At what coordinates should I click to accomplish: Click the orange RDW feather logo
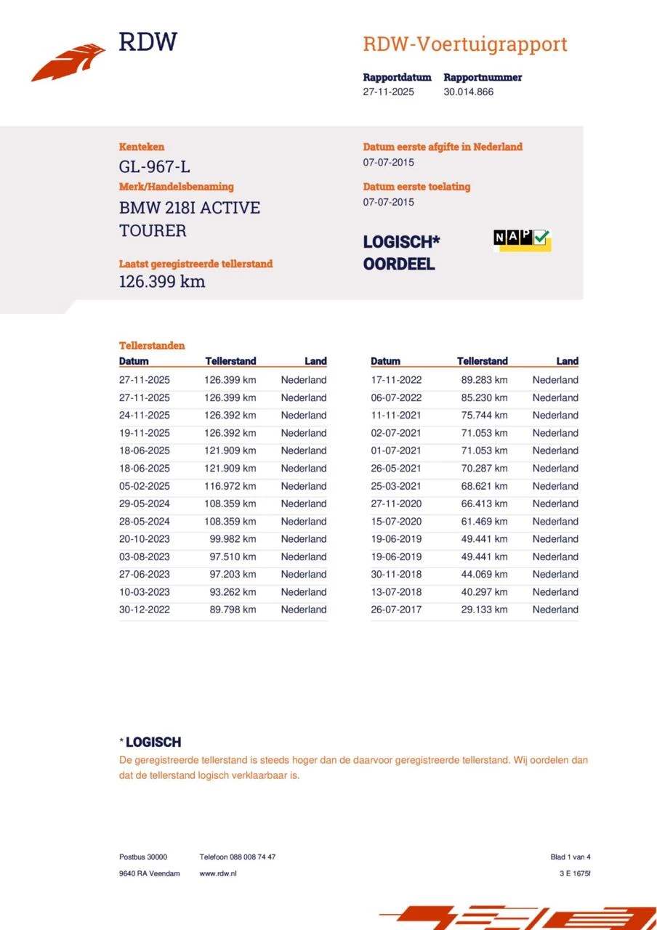pos(68,62)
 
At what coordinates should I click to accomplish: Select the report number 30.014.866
pos(468,92)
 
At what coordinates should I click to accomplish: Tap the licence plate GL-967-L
pos(154,168)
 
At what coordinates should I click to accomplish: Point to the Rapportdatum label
pos(397,77)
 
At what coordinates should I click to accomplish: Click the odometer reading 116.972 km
pos(230,486)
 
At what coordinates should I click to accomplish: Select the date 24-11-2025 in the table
pos(145,416)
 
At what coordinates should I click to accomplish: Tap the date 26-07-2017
pos(396,610)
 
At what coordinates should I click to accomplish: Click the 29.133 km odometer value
pos(484,610)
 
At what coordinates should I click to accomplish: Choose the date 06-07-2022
pos(396,397)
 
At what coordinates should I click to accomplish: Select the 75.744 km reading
pos(484,416)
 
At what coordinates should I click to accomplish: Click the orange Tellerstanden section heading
pos(152,346)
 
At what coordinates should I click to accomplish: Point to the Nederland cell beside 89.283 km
pos(555,380)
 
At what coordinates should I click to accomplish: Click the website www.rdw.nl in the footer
pos(218,873)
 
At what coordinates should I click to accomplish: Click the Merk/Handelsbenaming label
pos(177,187)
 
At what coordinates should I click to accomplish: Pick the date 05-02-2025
pos(145,486)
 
